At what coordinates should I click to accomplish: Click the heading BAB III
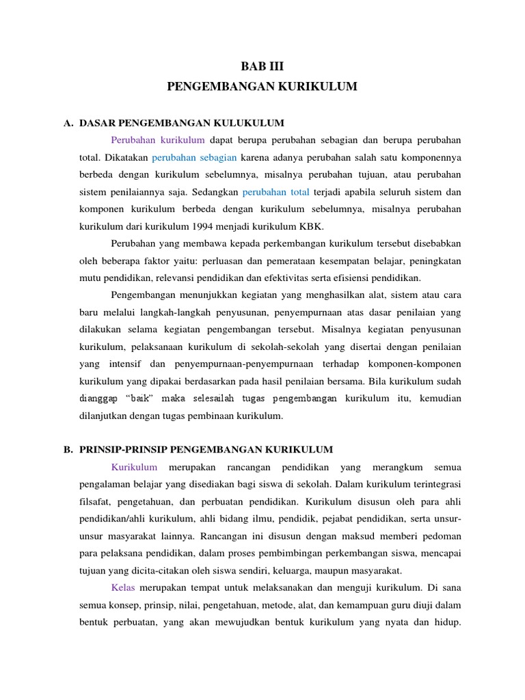(x=262, y=66)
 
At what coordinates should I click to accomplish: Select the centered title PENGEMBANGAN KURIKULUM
(x=262, y=86)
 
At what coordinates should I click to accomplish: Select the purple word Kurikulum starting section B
(x=134, y=467)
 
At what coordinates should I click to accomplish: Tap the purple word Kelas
(x=123, y=588)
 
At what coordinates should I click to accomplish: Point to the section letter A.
(x=68, y=123)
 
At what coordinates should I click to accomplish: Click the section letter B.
(x=68, y=449)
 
